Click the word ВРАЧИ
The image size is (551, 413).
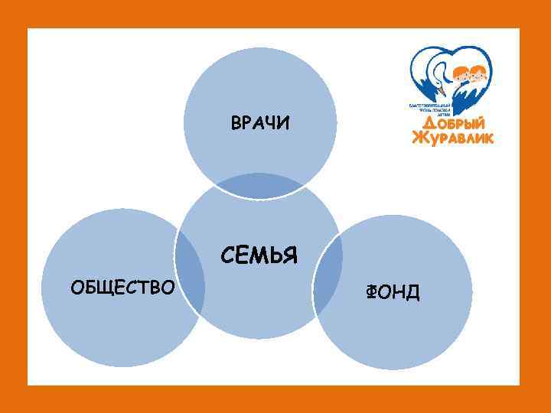pos(260,123)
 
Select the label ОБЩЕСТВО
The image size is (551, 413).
pos(122,287)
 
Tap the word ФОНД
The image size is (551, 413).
pos(393,291)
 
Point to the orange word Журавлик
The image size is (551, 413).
pos(453,138)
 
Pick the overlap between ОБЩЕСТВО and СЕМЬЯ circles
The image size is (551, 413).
pos(191,272)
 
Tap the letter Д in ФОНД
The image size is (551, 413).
pos(412,291)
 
